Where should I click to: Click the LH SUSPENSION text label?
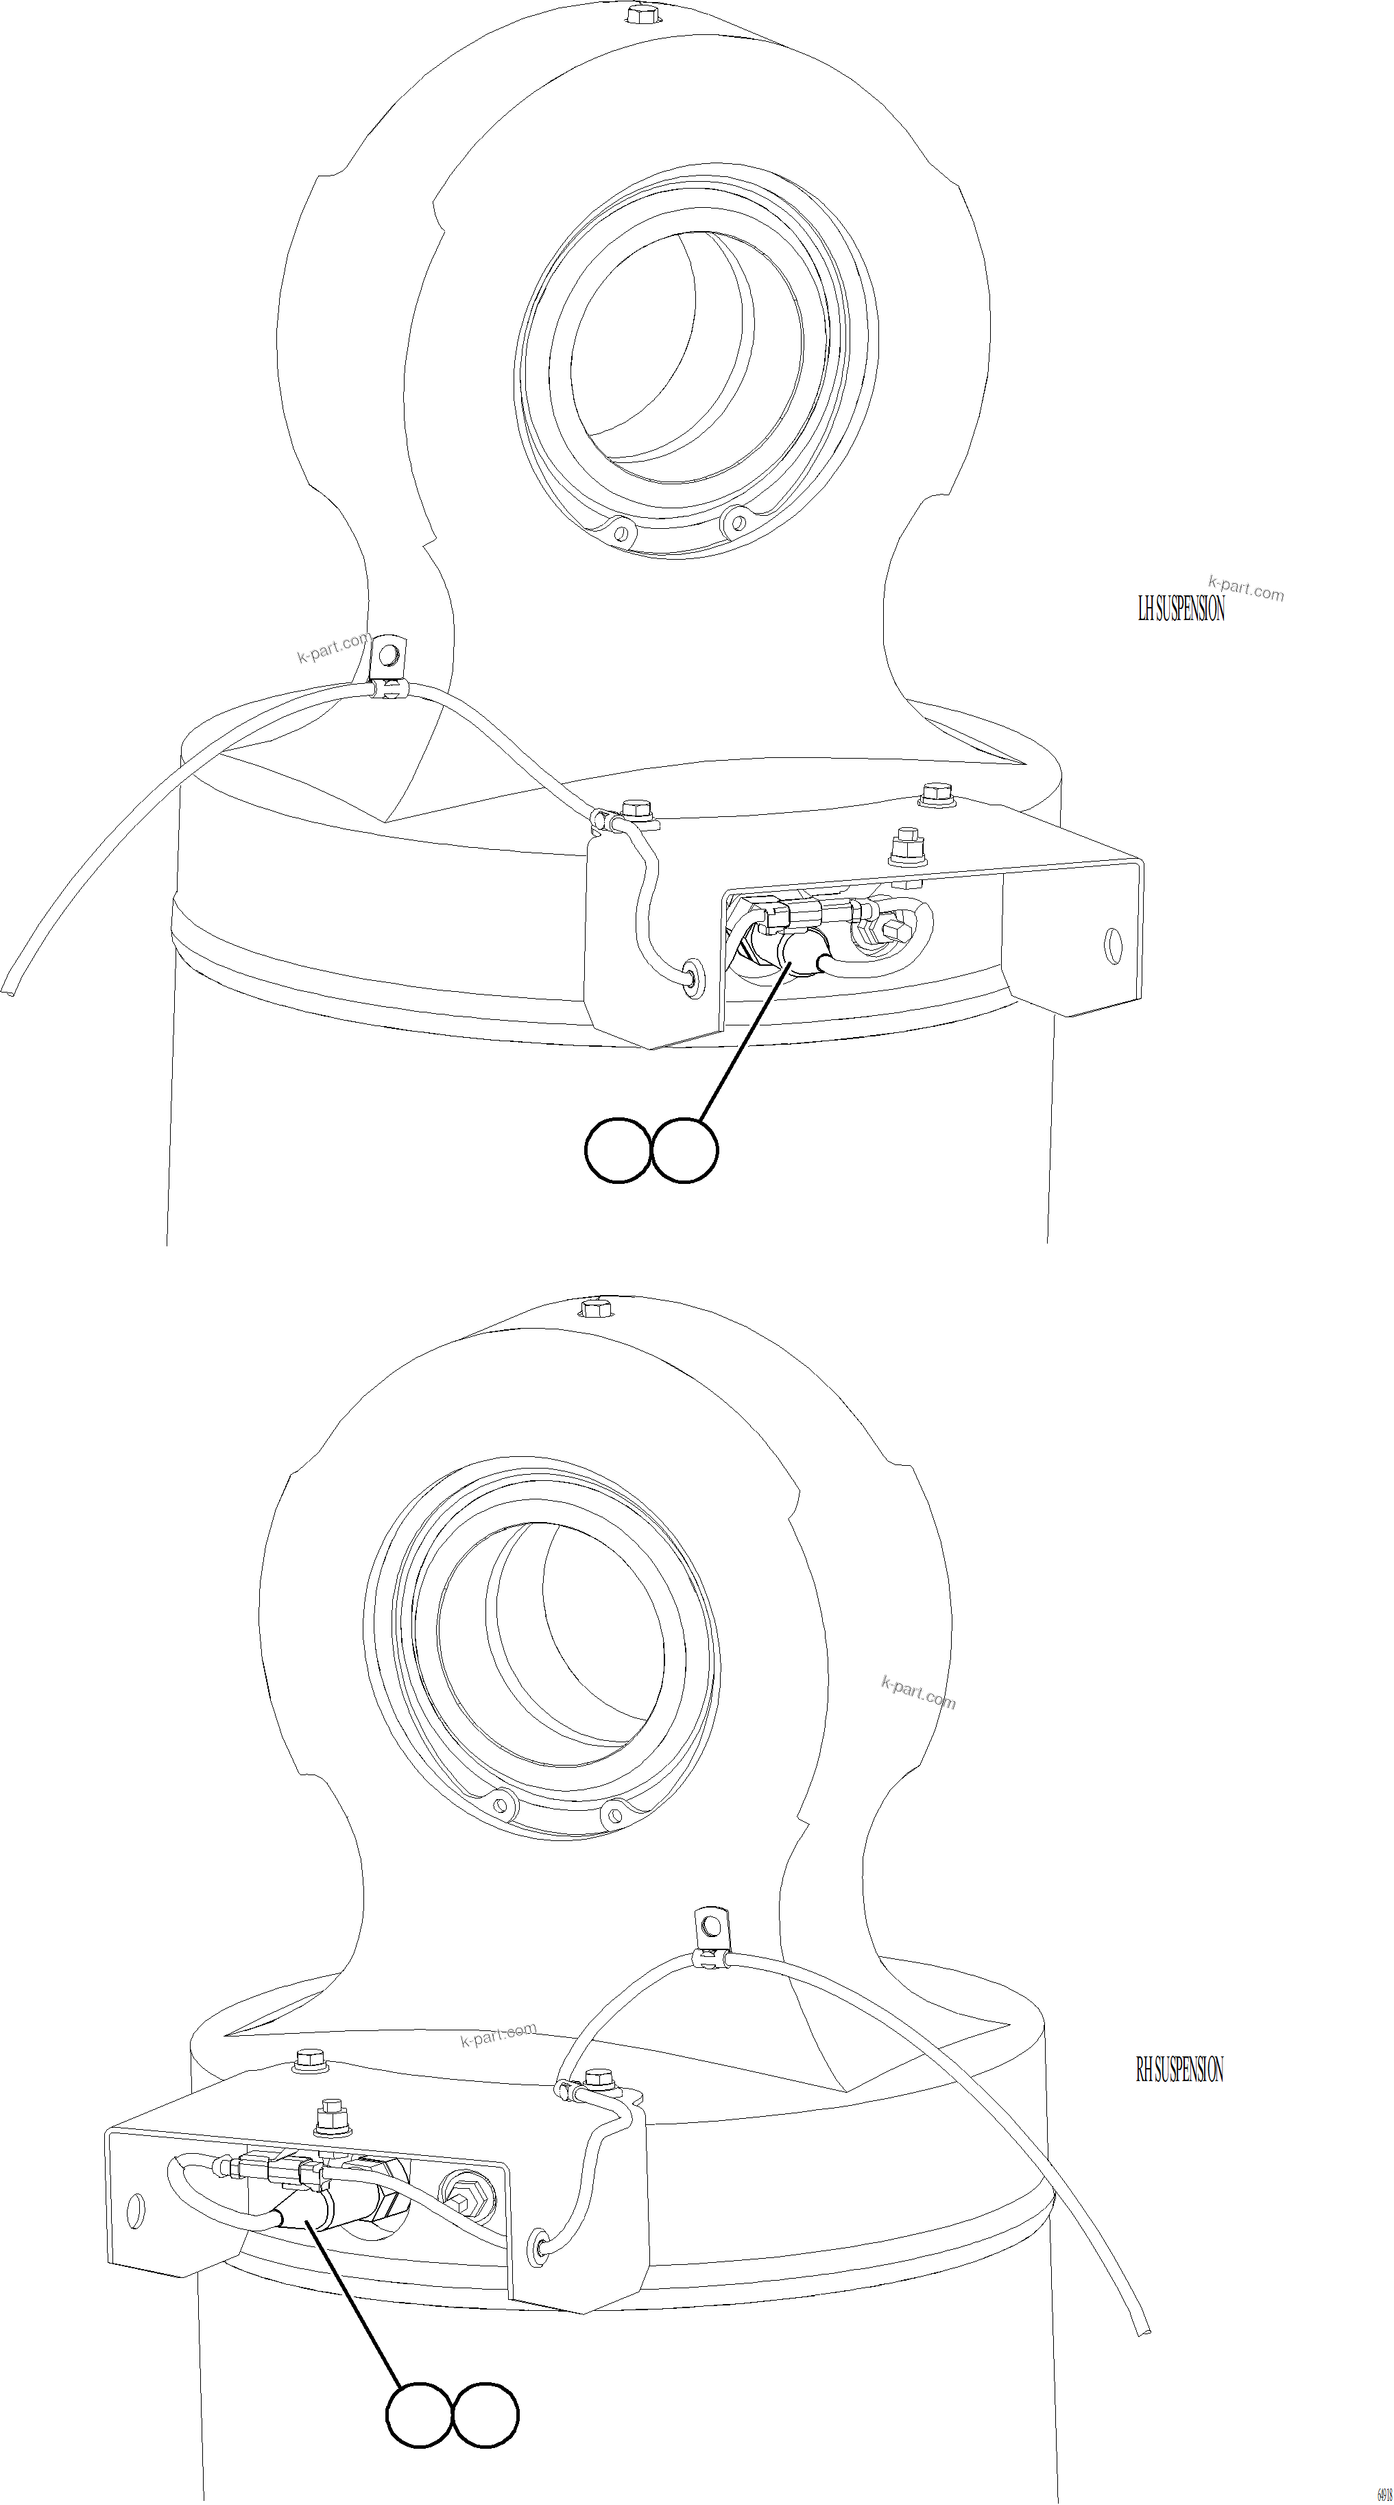[1181, 610]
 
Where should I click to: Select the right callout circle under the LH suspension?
[685, 1150]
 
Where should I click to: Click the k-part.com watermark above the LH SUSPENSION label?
[1245, 589]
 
